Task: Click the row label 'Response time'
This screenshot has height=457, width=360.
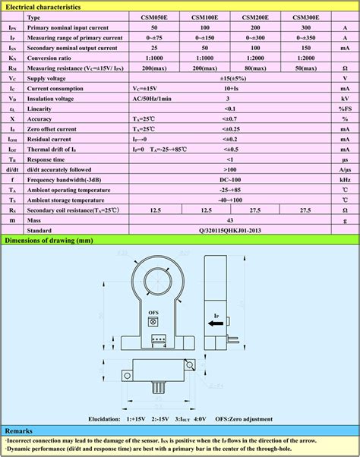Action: coord(46,159)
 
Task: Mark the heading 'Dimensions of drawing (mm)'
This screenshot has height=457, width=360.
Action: coord(49,241)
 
